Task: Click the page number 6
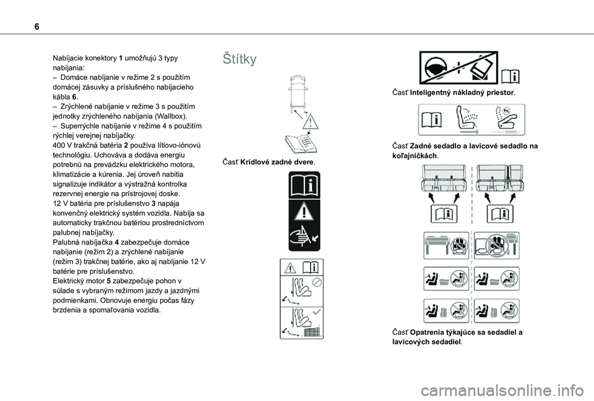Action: point(37,27)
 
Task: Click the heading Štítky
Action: point(239,59)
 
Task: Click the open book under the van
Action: point(301,144)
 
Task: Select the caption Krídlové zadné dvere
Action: point(277,163)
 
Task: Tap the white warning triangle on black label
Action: point(304,211)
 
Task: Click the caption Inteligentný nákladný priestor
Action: point(462,93)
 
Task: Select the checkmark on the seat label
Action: point(316,312)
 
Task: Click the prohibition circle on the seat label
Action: point(317,282)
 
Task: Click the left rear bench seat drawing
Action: point(443,178)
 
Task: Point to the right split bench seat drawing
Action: point(500,178)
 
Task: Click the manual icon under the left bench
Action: point(444,214)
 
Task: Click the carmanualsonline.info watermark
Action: point(502,391)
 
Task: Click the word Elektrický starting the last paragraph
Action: point(68,281)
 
